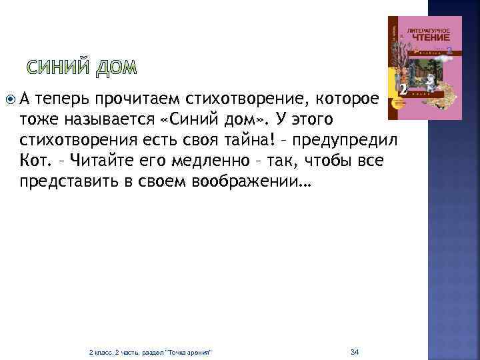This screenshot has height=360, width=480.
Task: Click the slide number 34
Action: click(355, 351)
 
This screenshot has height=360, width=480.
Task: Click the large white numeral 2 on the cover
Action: click(402, 90)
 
